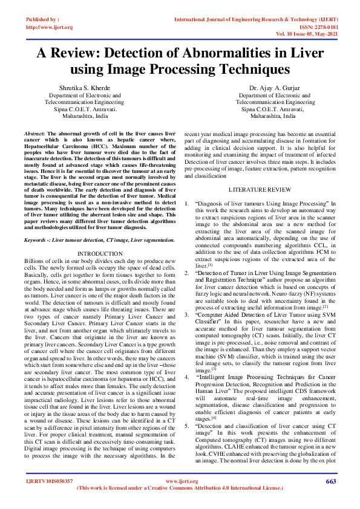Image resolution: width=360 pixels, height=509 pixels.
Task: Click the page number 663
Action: click(330, 481)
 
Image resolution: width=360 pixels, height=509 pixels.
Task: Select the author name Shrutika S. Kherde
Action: click(84, 88)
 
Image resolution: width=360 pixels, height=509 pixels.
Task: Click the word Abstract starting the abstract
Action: click(34, 131)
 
